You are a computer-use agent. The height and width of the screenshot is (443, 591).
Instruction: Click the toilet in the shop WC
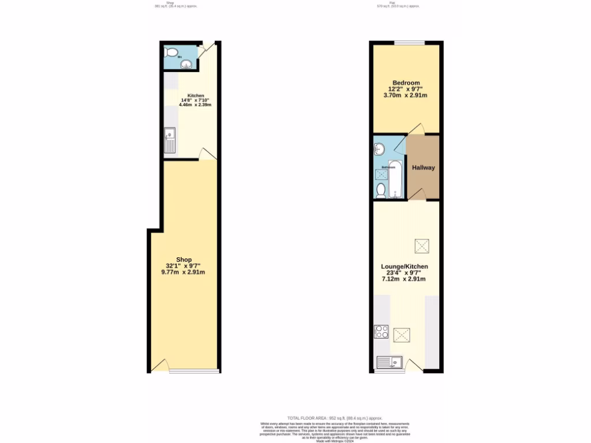click(170, 52)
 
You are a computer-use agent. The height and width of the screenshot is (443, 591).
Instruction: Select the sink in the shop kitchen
click(169, 140)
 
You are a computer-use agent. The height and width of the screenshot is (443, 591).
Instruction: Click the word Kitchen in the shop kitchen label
click(196, 96)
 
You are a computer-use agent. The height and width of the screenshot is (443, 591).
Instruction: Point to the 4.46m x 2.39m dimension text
click(195, 105)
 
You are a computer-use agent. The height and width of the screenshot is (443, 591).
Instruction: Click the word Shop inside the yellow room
click(184, 259)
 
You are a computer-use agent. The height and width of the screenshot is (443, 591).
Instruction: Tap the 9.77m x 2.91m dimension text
click(184, 272)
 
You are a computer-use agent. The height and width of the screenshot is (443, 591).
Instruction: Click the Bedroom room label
click(406, 82)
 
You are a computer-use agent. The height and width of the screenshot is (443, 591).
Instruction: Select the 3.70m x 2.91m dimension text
click(406, 96)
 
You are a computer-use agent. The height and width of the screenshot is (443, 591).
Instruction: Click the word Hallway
click(423, 168)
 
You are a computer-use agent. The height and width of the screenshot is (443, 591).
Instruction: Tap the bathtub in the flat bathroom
click(396, 179)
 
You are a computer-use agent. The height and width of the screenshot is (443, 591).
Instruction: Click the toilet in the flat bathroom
click(381, 190)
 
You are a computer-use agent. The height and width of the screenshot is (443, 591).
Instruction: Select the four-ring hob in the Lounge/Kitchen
click(381, 332)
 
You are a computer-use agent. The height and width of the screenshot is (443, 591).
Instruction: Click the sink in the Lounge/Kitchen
click(389, 362)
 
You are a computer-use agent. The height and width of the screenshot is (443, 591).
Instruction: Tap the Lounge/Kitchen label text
click(405, 266)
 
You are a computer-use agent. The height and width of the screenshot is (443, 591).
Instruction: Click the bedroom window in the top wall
click(409, 43)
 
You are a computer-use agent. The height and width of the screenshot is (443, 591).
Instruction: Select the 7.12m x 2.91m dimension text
click(404, 279)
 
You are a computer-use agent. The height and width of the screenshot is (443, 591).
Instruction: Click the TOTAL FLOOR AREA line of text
click(335, 418)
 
